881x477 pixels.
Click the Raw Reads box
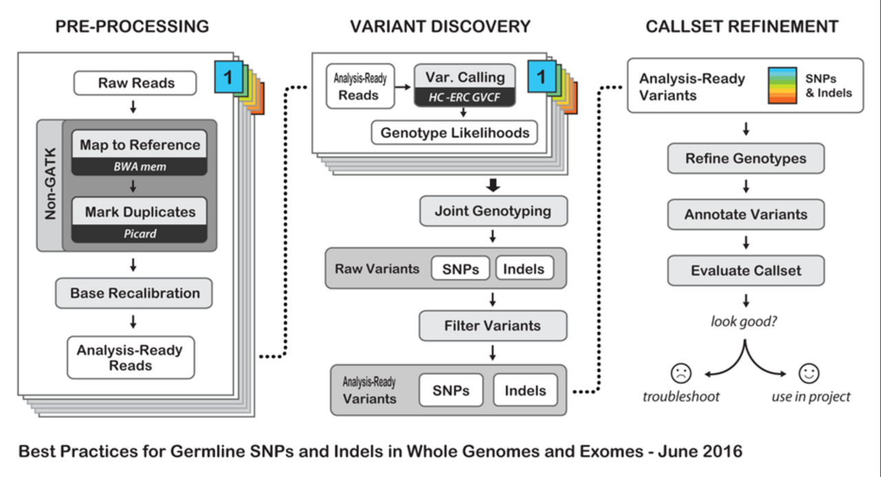point(136,83)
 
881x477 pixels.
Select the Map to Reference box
point(140,145)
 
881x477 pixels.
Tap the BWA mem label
point(140,167)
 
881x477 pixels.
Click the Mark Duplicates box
point(140,212)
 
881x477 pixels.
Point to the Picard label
point(140,234)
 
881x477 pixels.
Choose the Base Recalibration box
point(134,293)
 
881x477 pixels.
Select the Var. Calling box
point(465,77)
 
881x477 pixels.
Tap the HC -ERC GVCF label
point(465,98)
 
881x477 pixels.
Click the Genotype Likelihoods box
point(454,133)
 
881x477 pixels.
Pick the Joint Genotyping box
point(493,211)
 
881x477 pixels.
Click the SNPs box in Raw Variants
point(460,268)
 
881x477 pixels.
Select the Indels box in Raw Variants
point(524,268)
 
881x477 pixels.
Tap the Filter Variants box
point(493,326)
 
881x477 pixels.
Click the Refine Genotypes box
point(745,159)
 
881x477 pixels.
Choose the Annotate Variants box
point(745,215)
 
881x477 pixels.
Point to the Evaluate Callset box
point(745,271)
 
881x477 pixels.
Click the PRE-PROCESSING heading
point(131,27)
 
